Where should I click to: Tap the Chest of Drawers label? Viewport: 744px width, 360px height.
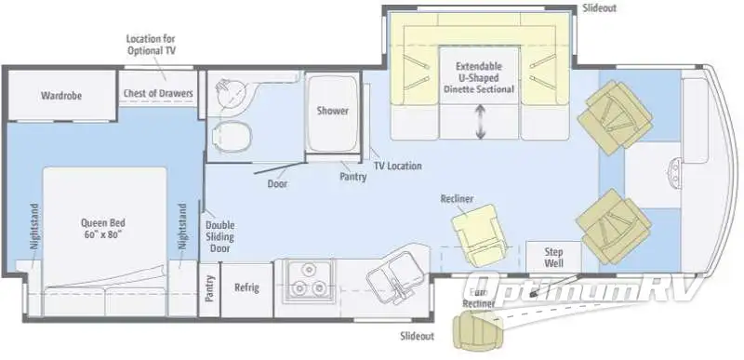(x=157, y=94)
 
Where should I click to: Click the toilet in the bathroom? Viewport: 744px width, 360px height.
(x=230, y=135)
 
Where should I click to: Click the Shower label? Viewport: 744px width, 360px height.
(x=332, y=111)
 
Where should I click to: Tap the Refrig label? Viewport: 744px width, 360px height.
(x=246, y=287)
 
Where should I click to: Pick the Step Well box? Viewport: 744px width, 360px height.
(x=553, y=258)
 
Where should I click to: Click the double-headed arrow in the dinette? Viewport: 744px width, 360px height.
(x=481, y=124)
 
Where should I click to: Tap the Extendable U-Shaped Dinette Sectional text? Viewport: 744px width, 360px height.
(x=480, y=79)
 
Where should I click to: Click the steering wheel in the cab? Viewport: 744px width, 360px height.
(x=671, y=169)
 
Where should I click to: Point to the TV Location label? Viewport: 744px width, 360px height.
(x=397, y=166)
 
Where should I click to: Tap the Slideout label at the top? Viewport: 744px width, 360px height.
(x=600, y=7)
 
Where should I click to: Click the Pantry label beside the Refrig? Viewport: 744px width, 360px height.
(x=210, y=287)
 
